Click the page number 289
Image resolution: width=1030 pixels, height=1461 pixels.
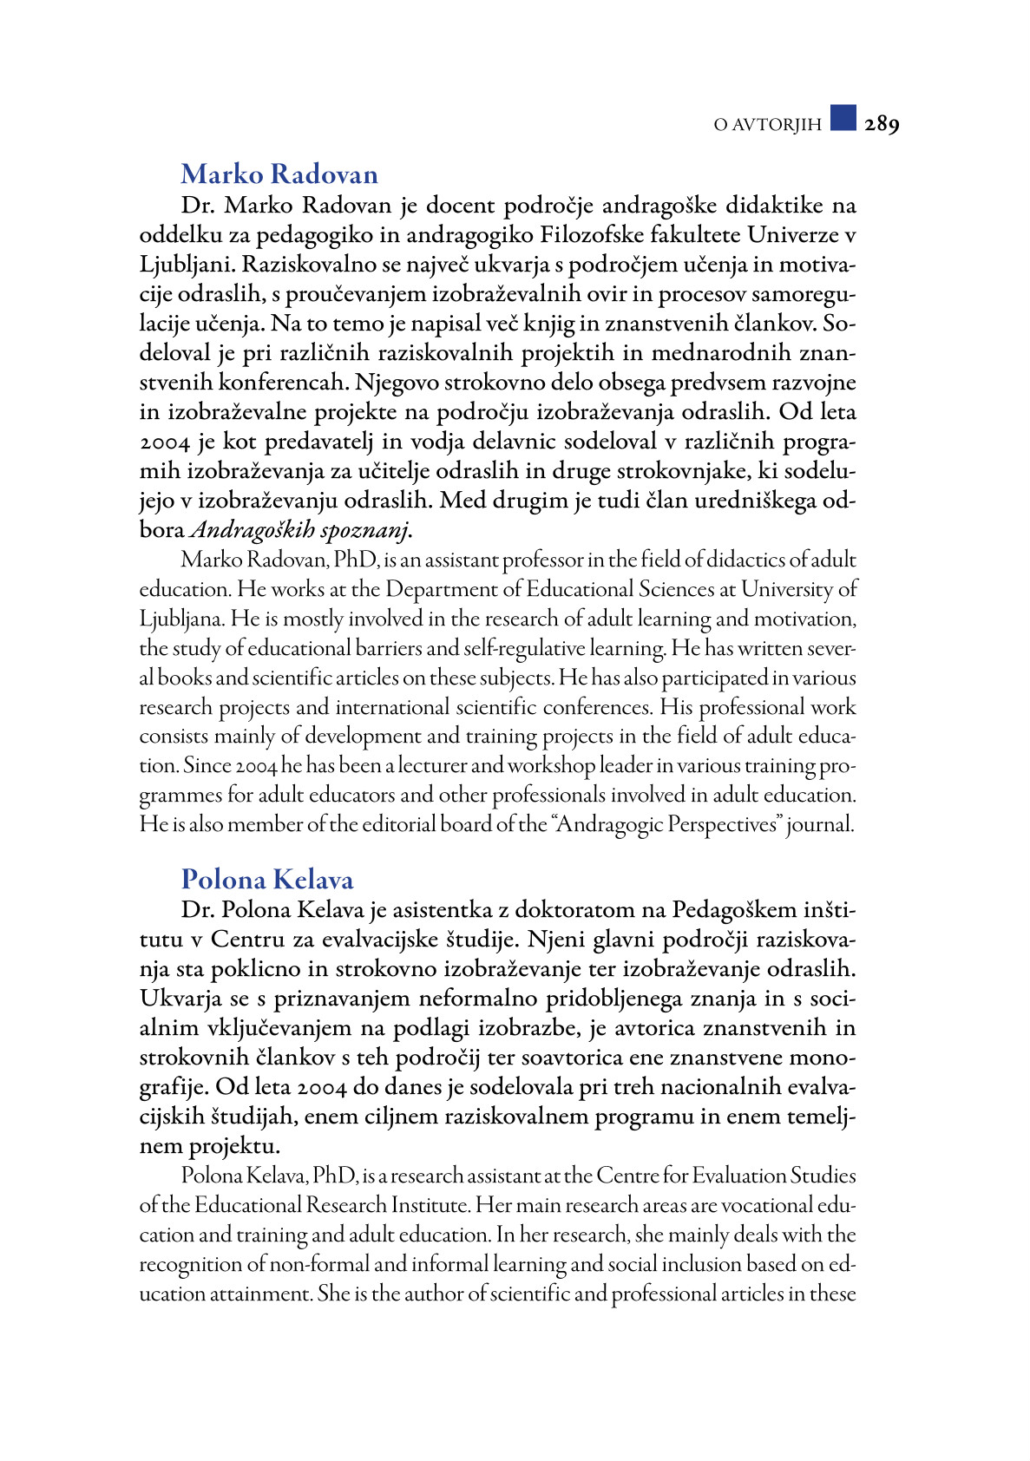click(x=882, y=124)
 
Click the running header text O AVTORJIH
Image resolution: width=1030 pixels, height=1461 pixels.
click(x=767, y=125)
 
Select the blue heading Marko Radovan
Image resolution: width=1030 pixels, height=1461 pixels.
click(x=279, y=174)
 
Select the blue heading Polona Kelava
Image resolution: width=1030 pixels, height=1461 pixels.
click(x=267, y=880)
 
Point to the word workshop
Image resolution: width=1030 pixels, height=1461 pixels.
click(x=552, y=766)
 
